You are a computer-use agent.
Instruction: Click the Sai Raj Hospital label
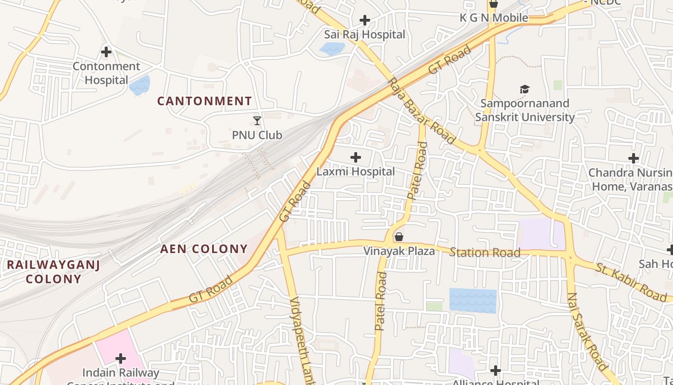coord(364,35)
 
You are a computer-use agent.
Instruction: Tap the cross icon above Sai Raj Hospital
coord(365,20)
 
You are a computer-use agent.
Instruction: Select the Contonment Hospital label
coord(106,73)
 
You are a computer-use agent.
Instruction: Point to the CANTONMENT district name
coord(204,101)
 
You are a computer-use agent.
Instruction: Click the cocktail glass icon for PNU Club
coord(257,120)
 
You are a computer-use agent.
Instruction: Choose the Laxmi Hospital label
coord(355,171)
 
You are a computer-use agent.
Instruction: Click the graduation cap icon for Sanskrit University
coord(524,89)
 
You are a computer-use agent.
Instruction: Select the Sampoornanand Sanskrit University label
coord(524,110)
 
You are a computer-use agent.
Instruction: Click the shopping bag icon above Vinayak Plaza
coord(399,237)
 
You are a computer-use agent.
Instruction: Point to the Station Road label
coord(485,253)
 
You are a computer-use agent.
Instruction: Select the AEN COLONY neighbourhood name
coord(204,249)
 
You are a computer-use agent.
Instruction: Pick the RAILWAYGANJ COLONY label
coord(53,271)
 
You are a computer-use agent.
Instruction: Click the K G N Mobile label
coord(494,18)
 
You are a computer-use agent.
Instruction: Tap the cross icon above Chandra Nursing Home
coord(634,158)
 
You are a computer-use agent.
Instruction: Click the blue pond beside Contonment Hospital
coord(140,85)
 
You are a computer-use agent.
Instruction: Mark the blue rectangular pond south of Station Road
coord(473,300)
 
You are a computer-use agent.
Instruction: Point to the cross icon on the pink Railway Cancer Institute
coord(120,358)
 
